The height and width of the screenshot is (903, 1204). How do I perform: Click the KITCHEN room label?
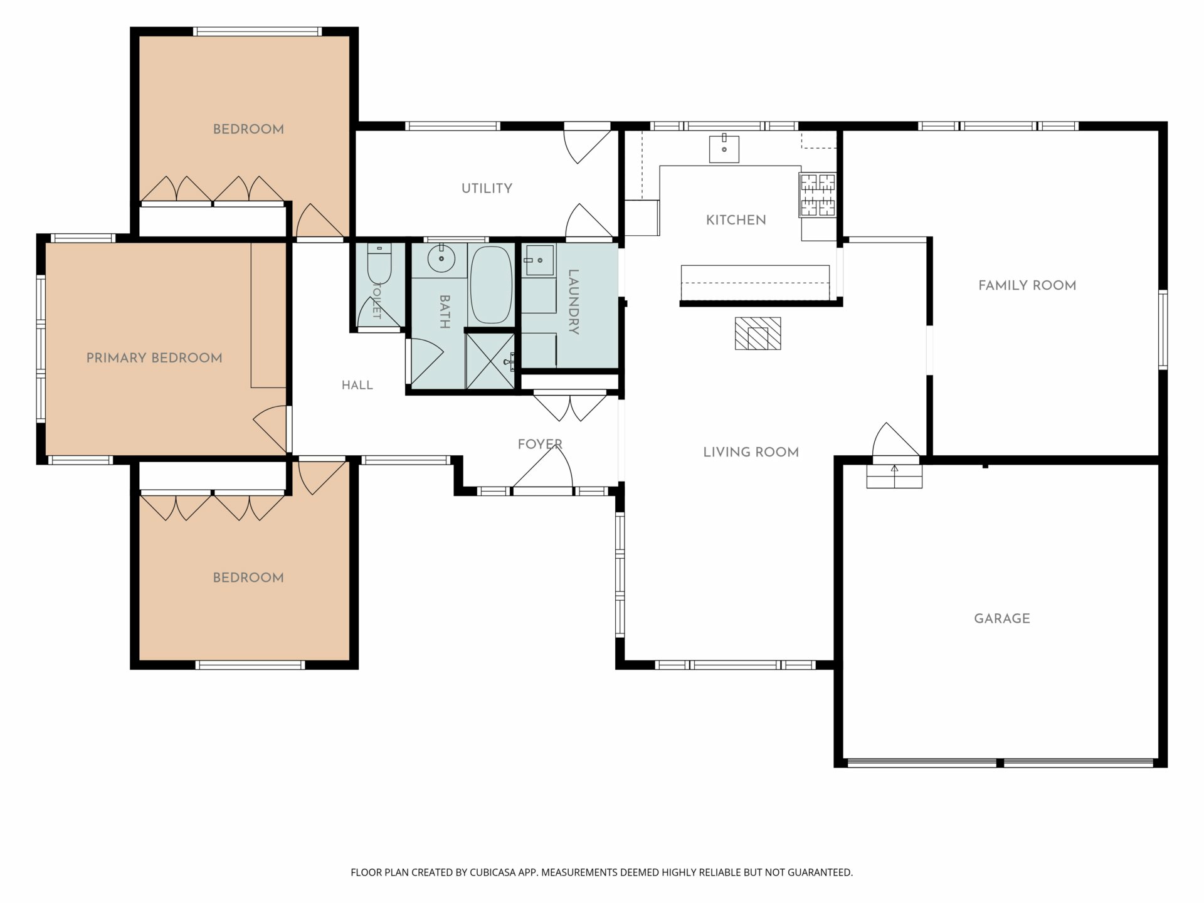(x=736, y=220)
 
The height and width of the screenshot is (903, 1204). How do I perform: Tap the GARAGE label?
(x=1001, y=618)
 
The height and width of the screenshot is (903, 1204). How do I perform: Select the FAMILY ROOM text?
(x=1027, y=285)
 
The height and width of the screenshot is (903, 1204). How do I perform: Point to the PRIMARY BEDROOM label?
(x=154, y=358)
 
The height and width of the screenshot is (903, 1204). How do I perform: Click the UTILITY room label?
(x=487, y=188)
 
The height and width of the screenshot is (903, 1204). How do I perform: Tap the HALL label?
(x=357, y=385)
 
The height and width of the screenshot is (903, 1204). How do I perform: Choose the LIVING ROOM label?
(x=751, y=452)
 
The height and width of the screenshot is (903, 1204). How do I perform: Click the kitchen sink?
(x=724, y=148)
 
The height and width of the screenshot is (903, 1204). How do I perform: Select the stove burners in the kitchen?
(x=818, y=195)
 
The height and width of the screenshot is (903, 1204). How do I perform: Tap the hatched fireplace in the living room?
(x=758, y=333)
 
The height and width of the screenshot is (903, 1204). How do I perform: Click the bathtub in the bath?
(x=491, y=285)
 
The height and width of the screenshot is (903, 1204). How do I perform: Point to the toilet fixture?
(x=379, y=263)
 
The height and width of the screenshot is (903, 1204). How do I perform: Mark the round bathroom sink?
(x=442, y=258)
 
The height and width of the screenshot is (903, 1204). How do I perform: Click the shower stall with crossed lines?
(x=490, y=361)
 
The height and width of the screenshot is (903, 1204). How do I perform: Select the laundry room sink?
(x=539, y=260)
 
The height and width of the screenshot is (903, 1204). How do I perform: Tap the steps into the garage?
(x=894, y=476)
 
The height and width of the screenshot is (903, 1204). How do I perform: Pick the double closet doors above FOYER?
(x=571, y=406)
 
